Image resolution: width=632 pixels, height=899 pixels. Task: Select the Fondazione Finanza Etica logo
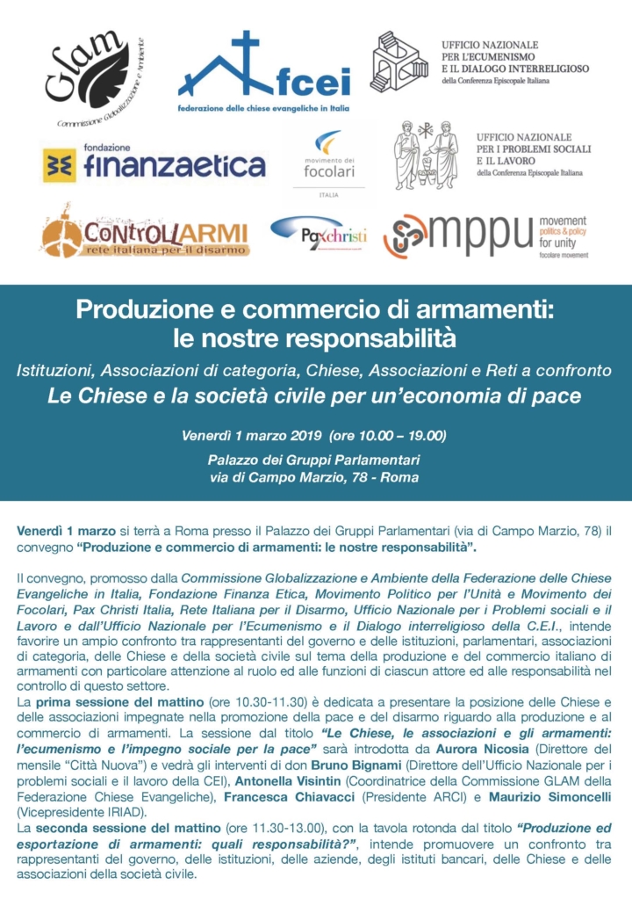[x=154, y=163]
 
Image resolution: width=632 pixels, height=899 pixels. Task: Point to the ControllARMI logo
[x=146, y=236]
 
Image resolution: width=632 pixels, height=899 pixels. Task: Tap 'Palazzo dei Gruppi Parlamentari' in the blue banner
[x=314, y=460]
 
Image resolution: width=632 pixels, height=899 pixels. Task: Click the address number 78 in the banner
[x=370, y=477]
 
